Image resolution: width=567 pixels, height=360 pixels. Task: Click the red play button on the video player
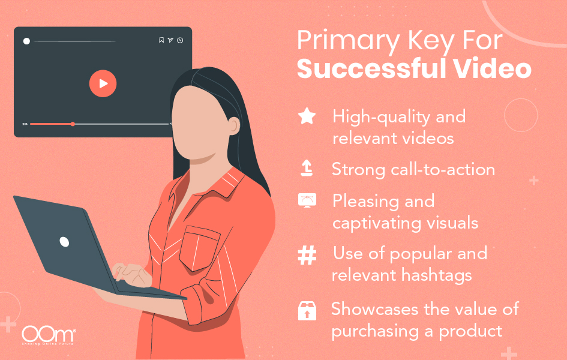(x=103, y=84)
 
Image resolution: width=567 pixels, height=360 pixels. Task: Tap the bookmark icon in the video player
(x=161, y=41)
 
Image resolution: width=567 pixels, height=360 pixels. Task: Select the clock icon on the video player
(x=180, y=41)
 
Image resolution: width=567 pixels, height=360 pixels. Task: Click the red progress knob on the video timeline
(x=73, y=124)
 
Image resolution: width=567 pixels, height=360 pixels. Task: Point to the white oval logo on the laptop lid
(x=64, y=242)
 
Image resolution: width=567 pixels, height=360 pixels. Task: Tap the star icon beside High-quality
(x=307, y=116)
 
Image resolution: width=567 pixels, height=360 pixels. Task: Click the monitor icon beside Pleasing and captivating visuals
(x=307, y=201)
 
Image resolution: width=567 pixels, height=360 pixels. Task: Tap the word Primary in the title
(x=339, y=41)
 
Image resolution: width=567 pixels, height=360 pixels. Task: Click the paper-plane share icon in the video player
(x=170, y=41)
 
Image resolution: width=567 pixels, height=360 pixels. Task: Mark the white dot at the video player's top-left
(x=26, y=41)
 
